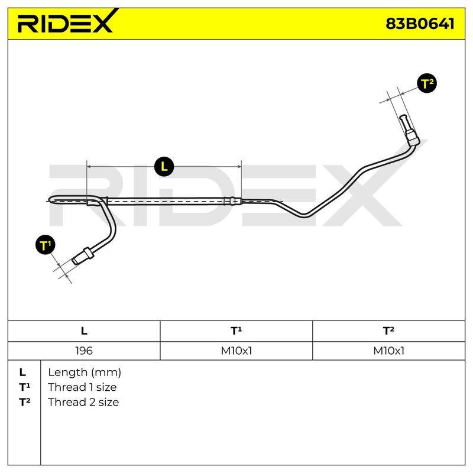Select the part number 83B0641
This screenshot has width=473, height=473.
pyautogui.click(x=420, y=24)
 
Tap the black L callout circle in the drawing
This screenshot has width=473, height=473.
pyautogui.click(x=164, y=166)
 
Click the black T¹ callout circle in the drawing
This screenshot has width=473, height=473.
pyautogui.click(x=46, y=245)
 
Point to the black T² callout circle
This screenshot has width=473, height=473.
pyautogui.click(x=427, y=83)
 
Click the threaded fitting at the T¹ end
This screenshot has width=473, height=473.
pyautogui.click(x=83, y=257)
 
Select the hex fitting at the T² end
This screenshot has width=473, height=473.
pyautogui.click(x=412, y=137)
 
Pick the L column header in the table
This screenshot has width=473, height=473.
pyautogui.click(x=84, y=331)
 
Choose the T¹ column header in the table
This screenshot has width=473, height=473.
pyautogui.click(x=236, y=331)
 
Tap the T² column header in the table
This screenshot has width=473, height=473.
pyautogui.click(x=388, y=331)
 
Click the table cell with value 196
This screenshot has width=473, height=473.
pyautogui.click(x=84, y=351)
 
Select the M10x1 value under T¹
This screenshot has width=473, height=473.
pyautogui.click(x=236, y=351)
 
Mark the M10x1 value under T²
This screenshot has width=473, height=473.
pyautogui.click(x=388, y=351)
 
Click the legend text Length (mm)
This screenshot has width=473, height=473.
pyautogui.click(x=85, y=372)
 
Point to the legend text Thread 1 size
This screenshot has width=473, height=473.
pyautogui.click(x=82, y=387)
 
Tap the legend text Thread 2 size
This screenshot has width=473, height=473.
pyautogui.click(x=83, y=402)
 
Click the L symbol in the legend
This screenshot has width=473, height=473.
pyautogui.click(x=22, y=372)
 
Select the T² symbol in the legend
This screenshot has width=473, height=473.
pyautogui.click(x=24, y=402)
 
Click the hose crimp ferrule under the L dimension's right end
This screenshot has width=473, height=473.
pyautogui.click(x=232, y=201)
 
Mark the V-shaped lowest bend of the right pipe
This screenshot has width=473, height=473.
pyautogui.click(x=304, y=215)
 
